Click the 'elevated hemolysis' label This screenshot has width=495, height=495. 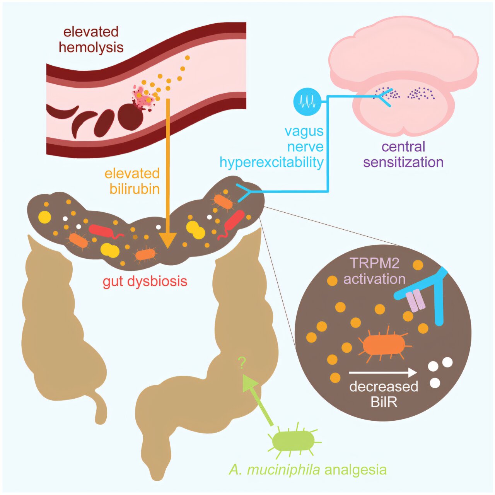tap(91, 39)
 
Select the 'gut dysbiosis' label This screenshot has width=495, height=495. tap(145, 281)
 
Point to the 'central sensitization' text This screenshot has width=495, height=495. tap(403, 154)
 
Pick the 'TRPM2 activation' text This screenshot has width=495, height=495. tap(374, 271)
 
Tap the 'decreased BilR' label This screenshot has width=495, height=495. tap(384, 394)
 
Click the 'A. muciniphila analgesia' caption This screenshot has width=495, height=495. tap(307, 469)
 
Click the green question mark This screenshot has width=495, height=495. tap(242, 363)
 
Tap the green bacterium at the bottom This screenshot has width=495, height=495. tap(294, 440)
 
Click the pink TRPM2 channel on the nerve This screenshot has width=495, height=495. tap(416, 300)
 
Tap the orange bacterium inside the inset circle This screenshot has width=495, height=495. tap(383, 344)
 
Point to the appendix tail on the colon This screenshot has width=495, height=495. tap(101, 410)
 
